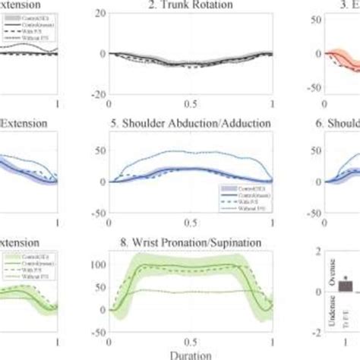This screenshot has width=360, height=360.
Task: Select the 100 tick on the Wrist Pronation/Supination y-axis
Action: coord(96,266)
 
